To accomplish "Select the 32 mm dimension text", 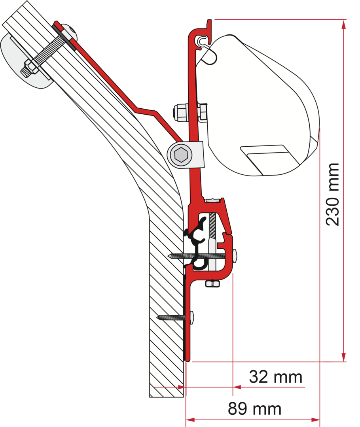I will click(x=275, y=377).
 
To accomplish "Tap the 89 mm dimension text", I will click(x=254, y=409).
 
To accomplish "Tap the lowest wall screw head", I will click(x=192, y=317).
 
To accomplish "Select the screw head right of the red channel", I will click(x=236, y=257).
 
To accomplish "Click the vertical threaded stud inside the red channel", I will click(x=214, y=229).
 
